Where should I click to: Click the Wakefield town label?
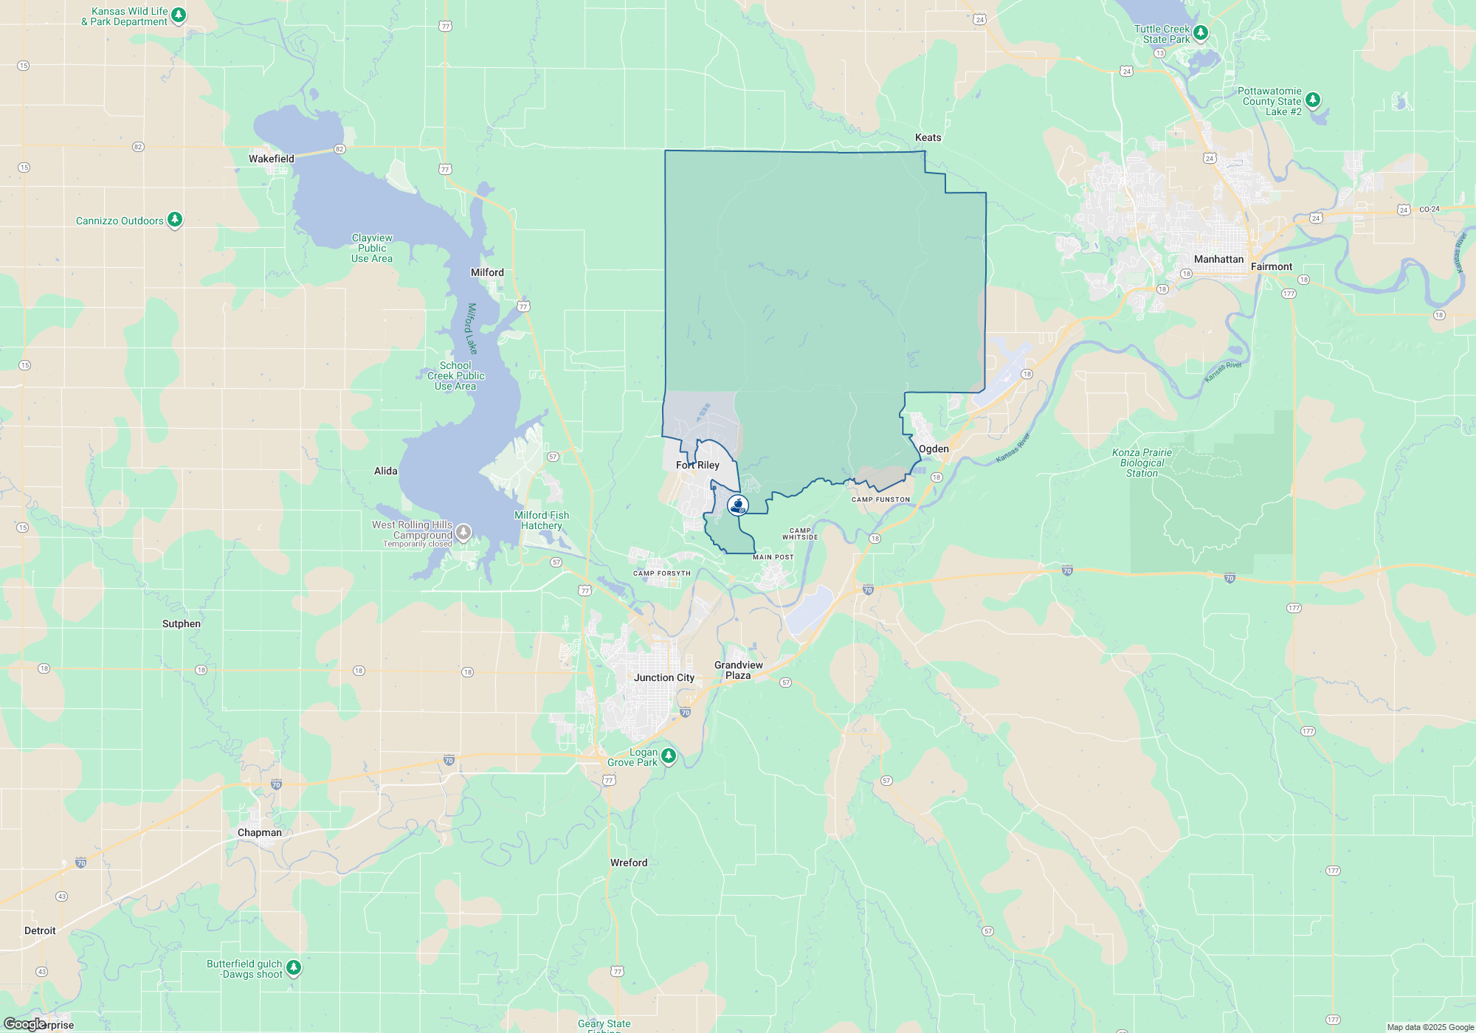click(272, 159)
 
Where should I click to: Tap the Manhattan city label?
click(1218, 259)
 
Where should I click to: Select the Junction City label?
click(664, 677)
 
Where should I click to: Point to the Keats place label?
click(928, 137)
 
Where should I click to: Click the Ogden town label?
click(934, 449)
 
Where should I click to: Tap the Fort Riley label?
click(697, 465)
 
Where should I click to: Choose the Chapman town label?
click(259, 832)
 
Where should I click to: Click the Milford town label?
click(487, 272)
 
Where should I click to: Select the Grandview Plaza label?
click(738, 670)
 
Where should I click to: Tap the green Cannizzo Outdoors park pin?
click(175, 219)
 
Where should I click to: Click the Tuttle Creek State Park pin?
click(1201, 32)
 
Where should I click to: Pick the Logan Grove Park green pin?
click(669, 755)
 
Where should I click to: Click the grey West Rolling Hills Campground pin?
click(463, 531)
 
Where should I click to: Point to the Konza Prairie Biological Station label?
click(1142, 463)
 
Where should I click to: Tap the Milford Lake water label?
click(472, 328)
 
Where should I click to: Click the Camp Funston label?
click(880, 500)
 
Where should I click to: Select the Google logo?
click(24, 1024)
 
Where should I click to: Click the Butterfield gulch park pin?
click(294, 967)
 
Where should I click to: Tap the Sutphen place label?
click(182, 623)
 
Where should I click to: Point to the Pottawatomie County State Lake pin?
click(1313, 100)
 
